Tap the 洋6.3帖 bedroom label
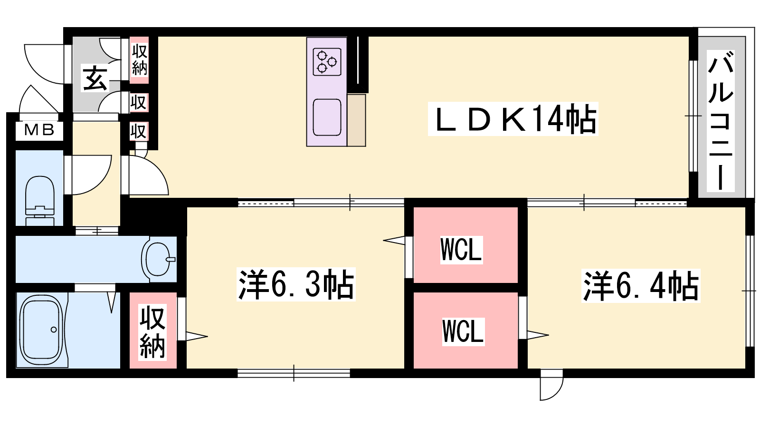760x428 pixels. pos(296,285)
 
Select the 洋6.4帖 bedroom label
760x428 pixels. pos(641,286)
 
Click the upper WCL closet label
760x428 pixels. pos(461,250)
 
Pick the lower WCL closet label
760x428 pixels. pos(463,331)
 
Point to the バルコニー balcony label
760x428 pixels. pos(721,121)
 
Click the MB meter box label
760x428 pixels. pos(39,130)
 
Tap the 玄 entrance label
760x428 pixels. pos(95,78)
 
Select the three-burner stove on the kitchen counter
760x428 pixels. pos(327,62)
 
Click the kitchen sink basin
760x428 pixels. pos(327,117)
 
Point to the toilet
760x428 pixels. pos(40,200)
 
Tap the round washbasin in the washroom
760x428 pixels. pos(158,259)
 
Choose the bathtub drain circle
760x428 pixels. pos(54,330)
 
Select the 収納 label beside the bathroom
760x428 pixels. pos(152,333)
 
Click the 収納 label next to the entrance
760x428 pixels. pos(140,60)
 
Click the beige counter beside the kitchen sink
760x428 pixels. pos(356,120)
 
